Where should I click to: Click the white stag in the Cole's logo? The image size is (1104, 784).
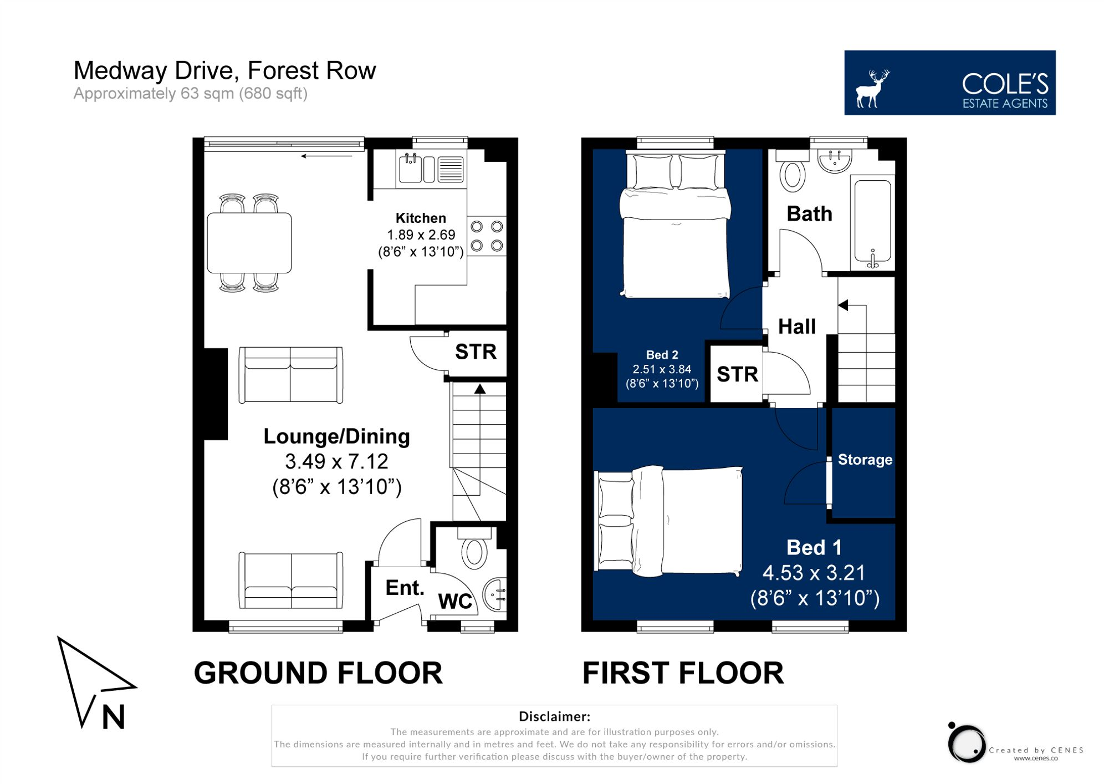[x=872, y=88]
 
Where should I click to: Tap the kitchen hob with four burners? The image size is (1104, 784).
[x=487, y=236]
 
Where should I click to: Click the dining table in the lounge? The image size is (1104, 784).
[x=249, y=243]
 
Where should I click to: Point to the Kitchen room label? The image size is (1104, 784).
[x=421, y=218]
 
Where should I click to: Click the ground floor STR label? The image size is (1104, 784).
[x=476, y=352]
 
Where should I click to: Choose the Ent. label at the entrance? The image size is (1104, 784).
[x=405, y=588]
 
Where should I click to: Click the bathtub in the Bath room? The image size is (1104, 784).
[x=872, y=221]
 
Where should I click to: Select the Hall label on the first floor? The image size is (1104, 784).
[x=796, y=327]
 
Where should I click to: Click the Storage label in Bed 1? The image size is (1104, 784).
[x=865, y=460]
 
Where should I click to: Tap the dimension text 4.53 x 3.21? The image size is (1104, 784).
[x=814, y=573]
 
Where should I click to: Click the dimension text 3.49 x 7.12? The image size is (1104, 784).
[x=336, y=461]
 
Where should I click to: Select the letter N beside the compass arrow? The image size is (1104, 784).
[x=114, y=717]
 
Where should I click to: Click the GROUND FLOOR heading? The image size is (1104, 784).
[x=318, y=673]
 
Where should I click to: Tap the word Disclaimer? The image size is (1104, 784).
[x=554, y=716]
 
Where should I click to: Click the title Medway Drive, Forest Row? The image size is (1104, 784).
[x=224, y=70]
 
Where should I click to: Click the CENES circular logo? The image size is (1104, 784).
[x=967, y=743]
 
